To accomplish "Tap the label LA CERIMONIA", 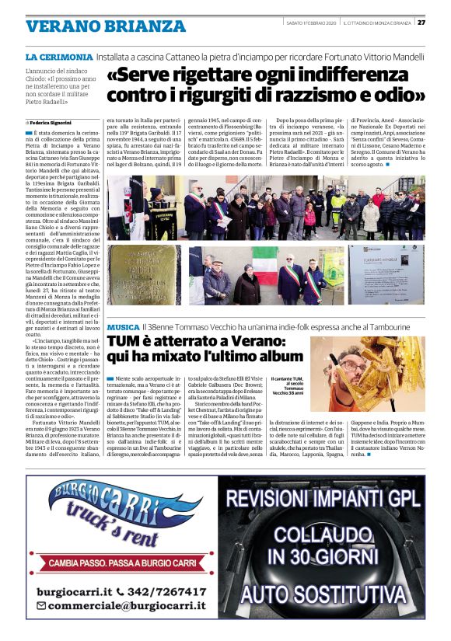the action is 59,58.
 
